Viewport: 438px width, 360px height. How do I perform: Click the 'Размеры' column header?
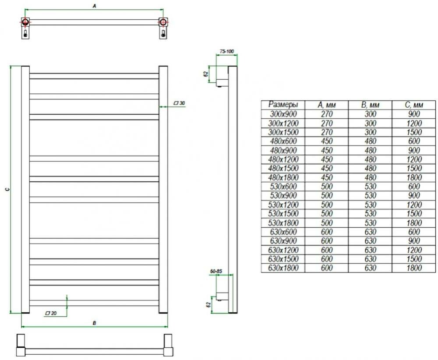pyautogui.click(x=283, y=105)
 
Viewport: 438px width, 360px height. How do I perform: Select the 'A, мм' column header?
pyautogui.click(x=326, y=105)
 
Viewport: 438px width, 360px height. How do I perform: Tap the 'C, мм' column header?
pyautogui.click(x=413, y=105)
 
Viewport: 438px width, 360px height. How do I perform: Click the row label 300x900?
pyautogui.click(x=283, y=114)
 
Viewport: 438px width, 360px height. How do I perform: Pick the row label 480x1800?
pyautogui.click(x=283, y=178)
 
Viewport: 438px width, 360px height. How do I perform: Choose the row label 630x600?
pyautogui.click(x=283, y=232)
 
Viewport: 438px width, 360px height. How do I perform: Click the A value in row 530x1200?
pyautogui.click(x=326, y=205)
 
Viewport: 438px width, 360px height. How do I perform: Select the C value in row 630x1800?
pyautogui.click(x=413, y=268)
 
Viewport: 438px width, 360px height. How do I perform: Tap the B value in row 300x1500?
pyautogui.click(x=370, y=132)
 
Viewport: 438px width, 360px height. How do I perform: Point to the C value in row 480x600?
pyautogui.click(x=413, y=141)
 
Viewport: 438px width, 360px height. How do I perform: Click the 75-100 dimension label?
pyautogui.click(x=227, y=52)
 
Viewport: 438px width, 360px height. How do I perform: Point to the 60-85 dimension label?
pyautogui.click(x=216, y=272)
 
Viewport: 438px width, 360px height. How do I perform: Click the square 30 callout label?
pyautogui.click(x=180, y=103)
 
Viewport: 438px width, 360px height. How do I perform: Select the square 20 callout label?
pyautogui.click(x=51, y=314)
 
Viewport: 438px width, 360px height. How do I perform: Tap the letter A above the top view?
pyautogui.click(x=95, y=6)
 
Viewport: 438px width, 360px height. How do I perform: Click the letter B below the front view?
pyautogui.click(x=94, y=323)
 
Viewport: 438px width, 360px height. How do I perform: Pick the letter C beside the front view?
pyautogui.click(x=6, y=189)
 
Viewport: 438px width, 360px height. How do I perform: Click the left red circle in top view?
pyautogui.click(x=25, y=22)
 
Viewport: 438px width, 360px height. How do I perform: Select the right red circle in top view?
pyautogui.click(x=163, y=22)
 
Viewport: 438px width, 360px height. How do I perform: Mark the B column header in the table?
pyautogui.click(x=370, y=105)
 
